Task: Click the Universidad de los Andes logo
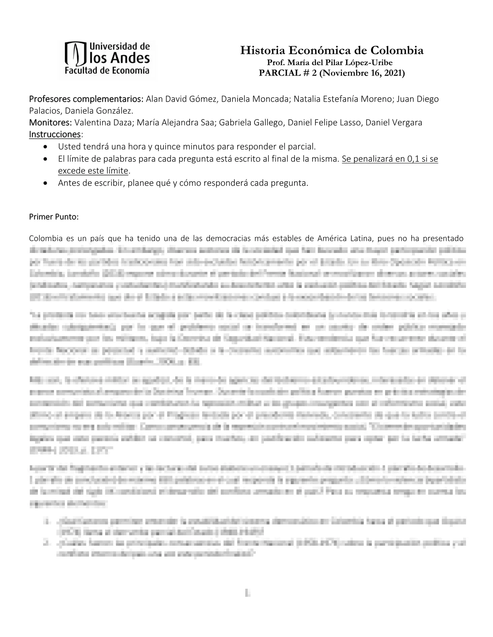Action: point(107,59)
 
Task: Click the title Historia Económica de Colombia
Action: point(332,51)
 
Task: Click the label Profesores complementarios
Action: point(86,99)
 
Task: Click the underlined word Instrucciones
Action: point(55,134)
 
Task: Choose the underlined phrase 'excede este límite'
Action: point(93,171)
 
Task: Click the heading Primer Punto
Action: point(54,217)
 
